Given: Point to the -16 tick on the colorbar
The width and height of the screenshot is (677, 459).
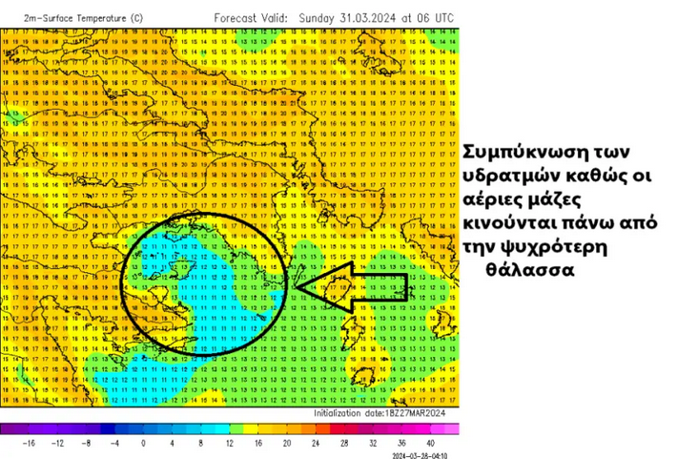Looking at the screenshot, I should pos(30,444).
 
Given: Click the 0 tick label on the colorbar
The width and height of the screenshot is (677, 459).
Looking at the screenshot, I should pos(144,444).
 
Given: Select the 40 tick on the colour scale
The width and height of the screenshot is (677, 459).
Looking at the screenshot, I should pos(430,444).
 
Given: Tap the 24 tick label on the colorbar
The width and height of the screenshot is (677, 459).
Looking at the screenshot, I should pos(315,444).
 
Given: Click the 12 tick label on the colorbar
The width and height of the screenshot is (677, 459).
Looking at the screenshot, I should pos(229,444).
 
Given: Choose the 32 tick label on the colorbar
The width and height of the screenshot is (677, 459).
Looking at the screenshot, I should pos(372,444).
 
